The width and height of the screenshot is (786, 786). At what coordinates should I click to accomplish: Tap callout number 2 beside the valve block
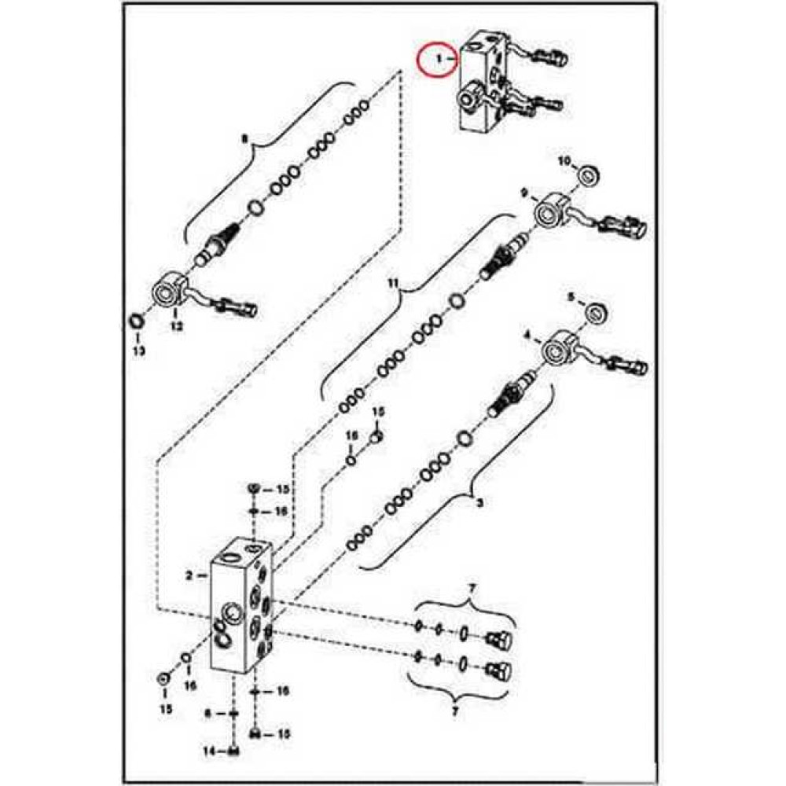tap(189, 575)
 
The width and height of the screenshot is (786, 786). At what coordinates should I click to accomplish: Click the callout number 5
tap(572, 297)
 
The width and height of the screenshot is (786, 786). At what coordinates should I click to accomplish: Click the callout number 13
tap(138, 351)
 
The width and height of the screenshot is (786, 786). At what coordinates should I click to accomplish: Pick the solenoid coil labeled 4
tap(560, 349)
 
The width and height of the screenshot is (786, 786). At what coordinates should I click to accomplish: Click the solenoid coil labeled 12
tap(170, 290)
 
